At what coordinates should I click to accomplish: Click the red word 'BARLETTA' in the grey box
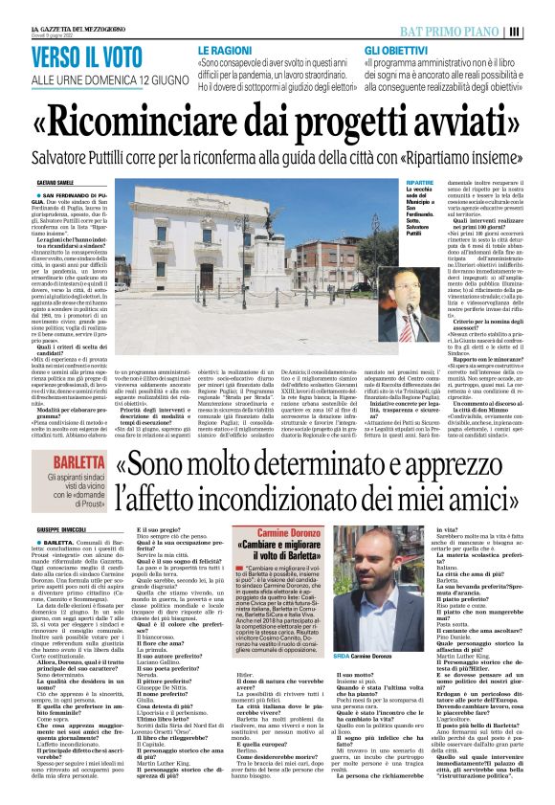[x=84, y=459]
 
